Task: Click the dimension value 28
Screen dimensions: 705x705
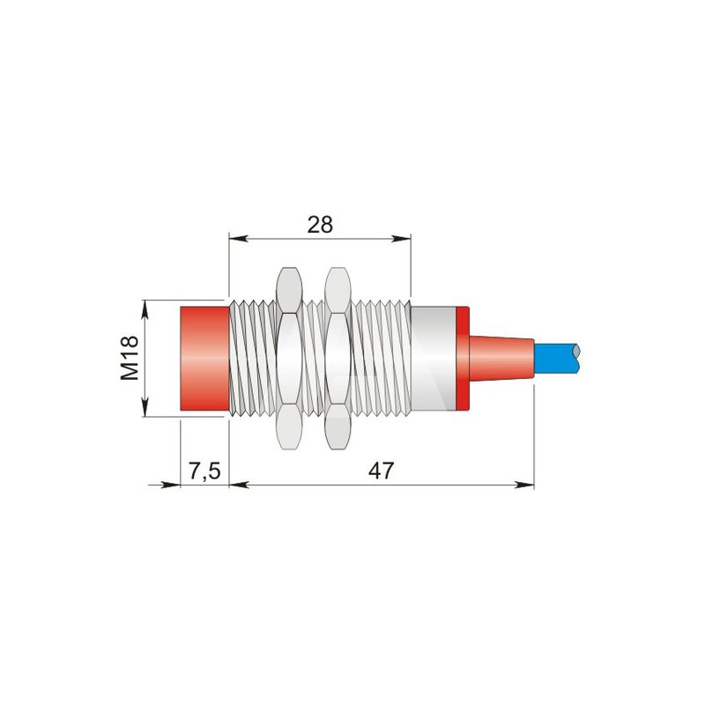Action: pyautogui.click(x=320, y=225)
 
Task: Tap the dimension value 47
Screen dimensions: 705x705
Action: pyautogui.click(x=381, y=471)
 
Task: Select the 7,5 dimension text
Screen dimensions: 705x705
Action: pyautogui.click(x=204, y=471)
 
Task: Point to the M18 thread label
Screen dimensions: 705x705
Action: pyautogui.click(x=130, y=359)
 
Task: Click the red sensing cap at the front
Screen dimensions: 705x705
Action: pyautogui.click(x=204, y=359)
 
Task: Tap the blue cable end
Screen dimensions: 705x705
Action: pyautogui.click(x=557, y=359)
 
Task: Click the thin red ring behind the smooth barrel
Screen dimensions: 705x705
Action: pyautogui.click(x=463, y=359)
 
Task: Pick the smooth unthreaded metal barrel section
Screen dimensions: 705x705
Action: pyautogui.click(x=434, y=359)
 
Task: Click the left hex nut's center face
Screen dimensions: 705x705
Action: pyautogui.click(x=288, y=359)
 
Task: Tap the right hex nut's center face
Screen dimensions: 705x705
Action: pyautogui.click(x=338, y=359)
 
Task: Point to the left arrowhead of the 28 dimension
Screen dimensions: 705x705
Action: pyautogui.click(x=239, y=238)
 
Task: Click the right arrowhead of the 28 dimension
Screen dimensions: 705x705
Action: pyautogui.click(x=402, y=238)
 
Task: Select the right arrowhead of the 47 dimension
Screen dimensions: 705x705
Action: pyautogui.click(x=524, y=485)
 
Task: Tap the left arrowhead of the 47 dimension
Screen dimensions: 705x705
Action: pyautogui.click(x=239, y=485)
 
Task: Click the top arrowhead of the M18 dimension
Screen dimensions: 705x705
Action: pyautogui.click(x=145, y=310)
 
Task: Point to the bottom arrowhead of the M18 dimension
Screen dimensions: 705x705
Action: pyautogui.click(x=145, y=407)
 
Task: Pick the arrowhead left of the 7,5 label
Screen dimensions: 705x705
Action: pyautogui.click(x=170, y=485)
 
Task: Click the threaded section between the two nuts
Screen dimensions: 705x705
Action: pyautogui.click(x=313, y=359)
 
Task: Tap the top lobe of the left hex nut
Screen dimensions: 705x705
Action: pyautogui.click(x=288, y=290)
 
